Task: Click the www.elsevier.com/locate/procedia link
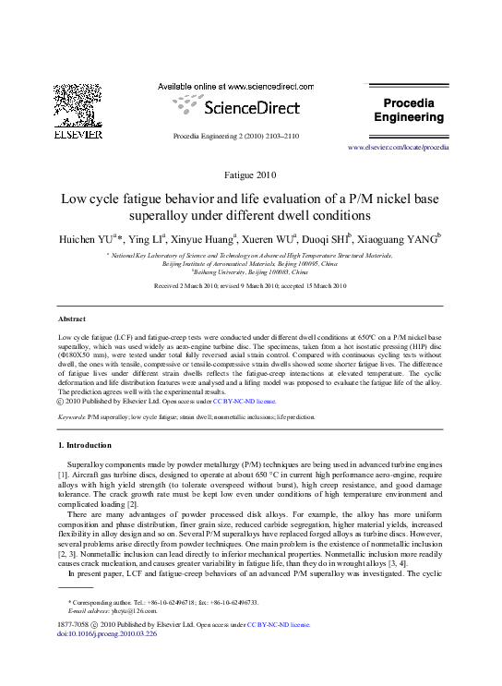click(398, 147)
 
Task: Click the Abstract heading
click(72, 319)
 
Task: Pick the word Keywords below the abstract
click(73, 417)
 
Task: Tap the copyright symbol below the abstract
click(62, 402)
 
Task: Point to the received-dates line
click(250, 286)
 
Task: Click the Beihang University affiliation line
click(251, 271)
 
